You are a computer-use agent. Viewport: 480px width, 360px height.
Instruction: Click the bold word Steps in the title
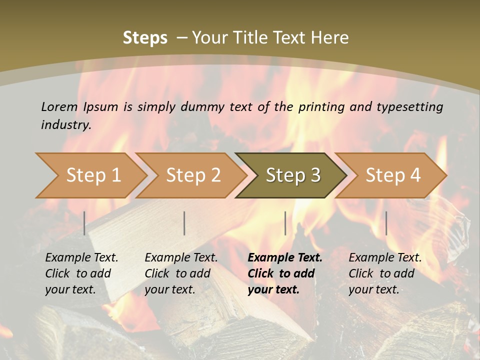coord(145,38)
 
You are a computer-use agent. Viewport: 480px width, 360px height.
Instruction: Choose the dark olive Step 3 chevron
coord(293,175)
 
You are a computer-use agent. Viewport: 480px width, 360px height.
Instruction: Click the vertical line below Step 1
coord(84,223)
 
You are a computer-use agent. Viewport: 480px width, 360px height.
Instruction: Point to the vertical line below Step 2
coord(184,223)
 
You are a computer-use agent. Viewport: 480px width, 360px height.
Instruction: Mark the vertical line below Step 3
coord(285,223)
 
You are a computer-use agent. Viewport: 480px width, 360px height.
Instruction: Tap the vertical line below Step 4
coord(386,223)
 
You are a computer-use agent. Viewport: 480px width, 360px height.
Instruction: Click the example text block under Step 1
coord(81,273)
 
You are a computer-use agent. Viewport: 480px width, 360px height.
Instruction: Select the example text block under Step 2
coord(181,273)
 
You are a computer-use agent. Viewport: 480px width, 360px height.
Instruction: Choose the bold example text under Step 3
coord(285,273)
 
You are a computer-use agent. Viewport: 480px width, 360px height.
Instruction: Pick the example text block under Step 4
coord(385,273)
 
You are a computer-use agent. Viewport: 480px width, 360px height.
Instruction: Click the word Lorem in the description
coord(59,106)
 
